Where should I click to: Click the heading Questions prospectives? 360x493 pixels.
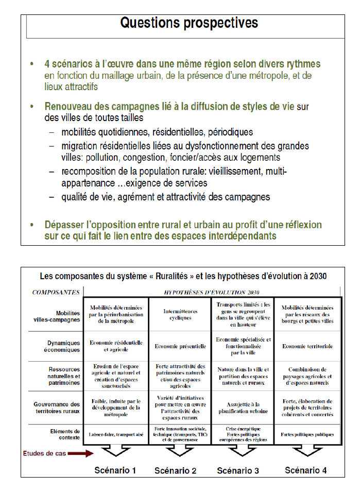[x=189, y=23]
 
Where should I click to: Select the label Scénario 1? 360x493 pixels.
[x=115, y=470]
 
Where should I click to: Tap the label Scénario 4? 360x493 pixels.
[x=306, y=470]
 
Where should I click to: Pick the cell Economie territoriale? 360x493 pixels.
[x=307, y=346]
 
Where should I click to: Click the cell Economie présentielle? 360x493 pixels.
[x=180, y=346]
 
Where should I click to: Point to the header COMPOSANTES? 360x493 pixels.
[x=56, y=292]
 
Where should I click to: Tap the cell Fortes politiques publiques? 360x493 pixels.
[x=307, y=434]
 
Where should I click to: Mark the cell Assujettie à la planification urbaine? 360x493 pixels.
[x=243, y=407]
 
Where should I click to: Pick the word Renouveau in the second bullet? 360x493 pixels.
[x=68, y=107]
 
